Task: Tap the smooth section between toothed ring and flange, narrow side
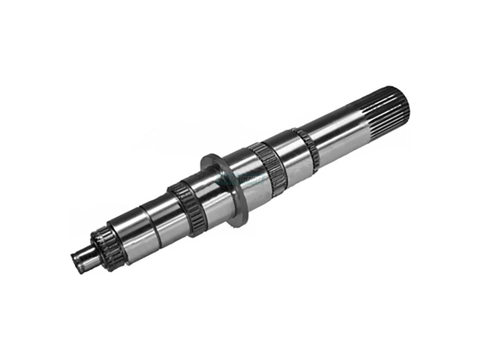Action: point(208,196)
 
